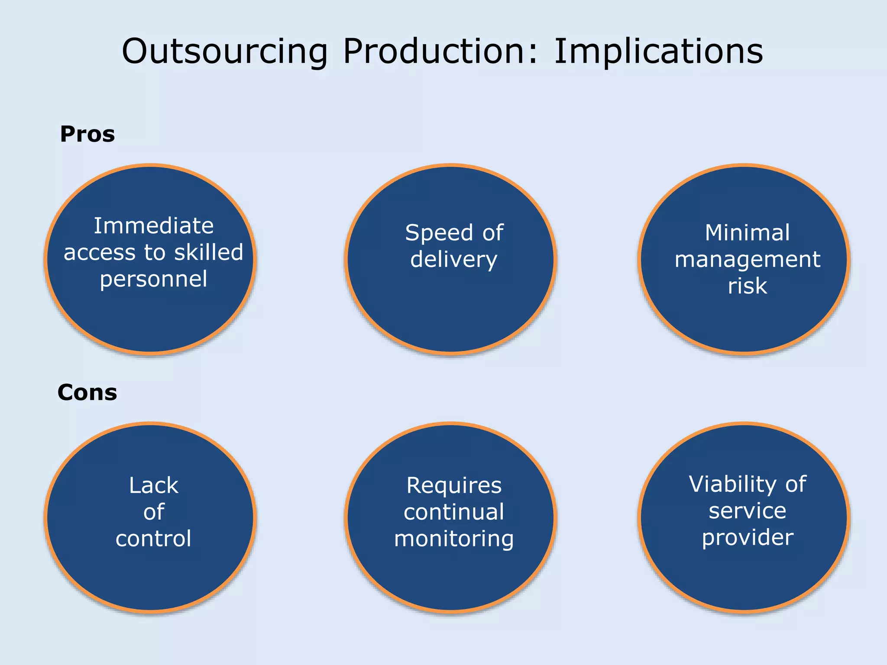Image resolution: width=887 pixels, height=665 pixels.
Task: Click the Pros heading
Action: tap(87, 134)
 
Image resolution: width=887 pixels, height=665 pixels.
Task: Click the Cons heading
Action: tap(87, 393)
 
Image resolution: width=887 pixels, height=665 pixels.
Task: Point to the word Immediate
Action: tap(154, 226)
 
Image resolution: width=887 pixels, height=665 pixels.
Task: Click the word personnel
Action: tap(154, 280)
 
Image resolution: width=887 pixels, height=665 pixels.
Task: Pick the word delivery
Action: tap(453, 260)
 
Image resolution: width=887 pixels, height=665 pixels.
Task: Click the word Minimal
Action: tap(747, 233)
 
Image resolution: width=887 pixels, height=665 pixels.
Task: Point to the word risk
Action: tap(747, 286)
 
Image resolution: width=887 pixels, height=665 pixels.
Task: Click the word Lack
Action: tap(154, 485)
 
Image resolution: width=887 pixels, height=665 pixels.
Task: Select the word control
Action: tap(154, 539)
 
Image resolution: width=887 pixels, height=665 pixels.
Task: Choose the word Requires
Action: tap(454, 486)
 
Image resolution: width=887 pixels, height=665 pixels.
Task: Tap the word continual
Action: tap(454, 512)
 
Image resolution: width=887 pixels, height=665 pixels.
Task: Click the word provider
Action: tap(748, 538)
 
